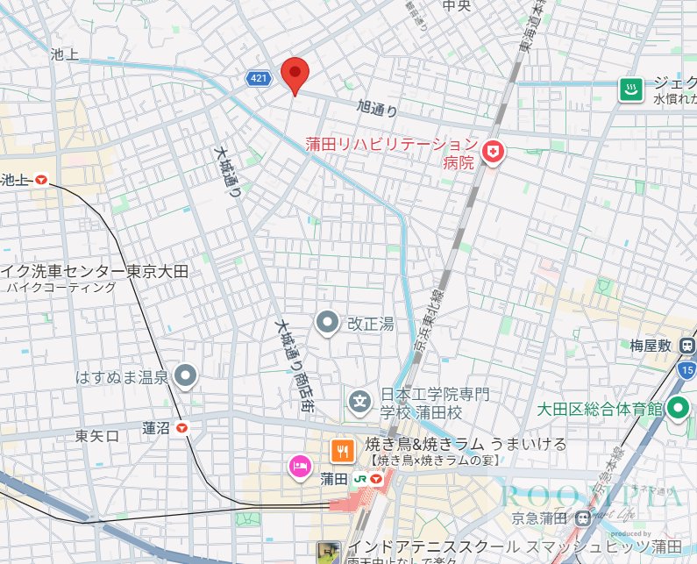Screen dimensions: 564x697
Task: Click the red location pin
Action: coord(295,75)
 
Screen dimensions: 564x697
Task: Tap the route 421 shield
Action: coord(257,79)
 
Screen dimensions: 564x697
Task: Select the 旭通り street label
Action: coord(377,110)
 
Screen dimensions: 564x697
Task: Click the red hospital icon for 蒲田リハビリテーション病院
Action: coord(495,153)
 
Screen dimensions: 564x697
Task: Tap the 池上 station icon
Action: coord(41,181)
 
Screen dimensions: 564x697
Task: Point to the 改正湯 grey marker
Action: coord(328,324)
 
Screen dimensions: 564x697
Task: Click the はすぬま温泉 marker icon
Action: coord(185,377)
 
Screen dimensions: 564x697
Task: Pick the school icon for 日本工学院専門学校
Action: coord(359,403)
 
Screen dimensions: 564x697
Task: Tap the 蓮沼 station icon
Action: coord(182,428)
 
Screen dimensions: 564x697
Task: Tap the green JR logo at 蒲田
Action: coord(359,479)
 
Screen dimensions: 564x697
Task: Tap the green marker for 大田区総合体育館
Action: coord(677,408)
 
